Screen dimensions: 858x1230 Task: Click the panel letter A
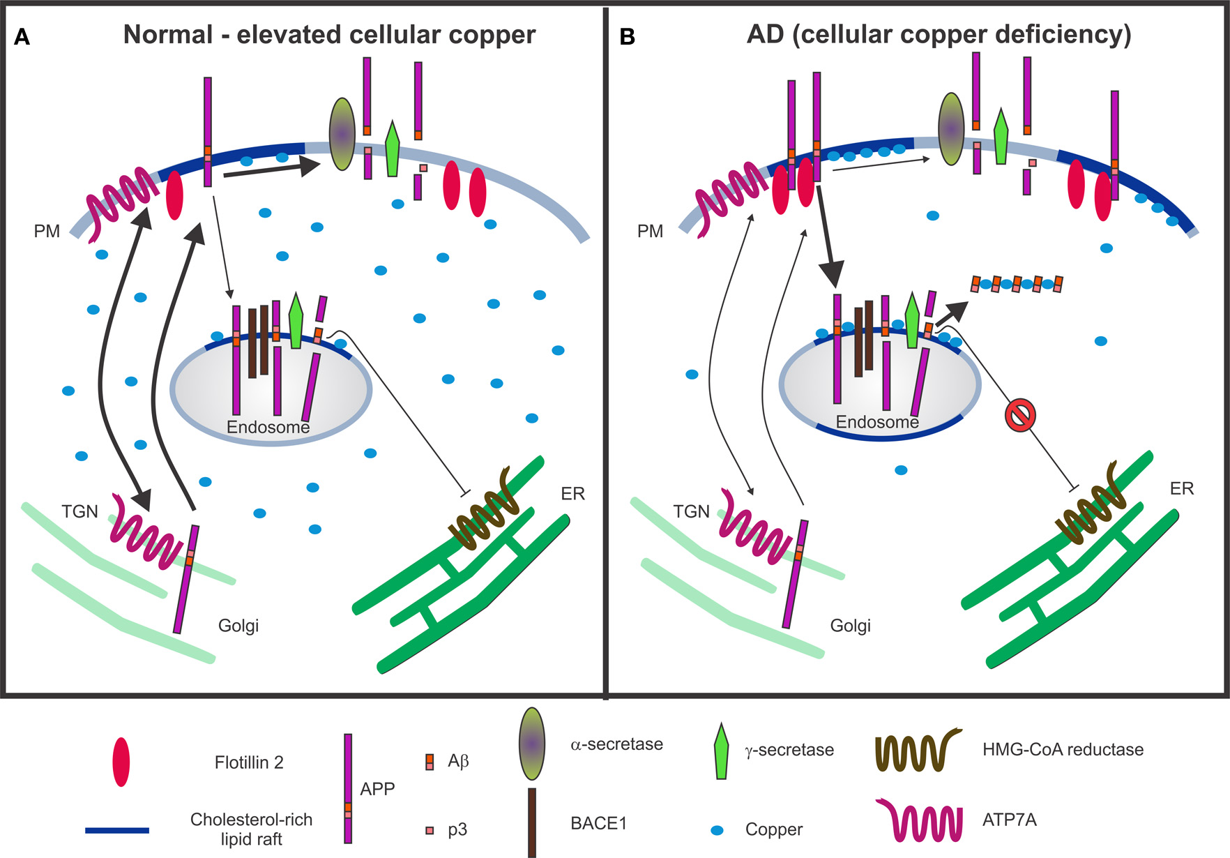coord(22,37)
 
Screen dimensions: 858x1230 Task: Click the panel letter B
coord(627,37)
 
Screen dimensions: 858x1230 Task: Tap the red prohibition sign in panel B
coord(1019,416)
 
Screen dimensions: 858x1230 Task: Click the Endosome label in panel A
coord(268,427)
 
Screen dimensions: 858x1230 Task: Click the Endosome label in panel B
coord(877,422)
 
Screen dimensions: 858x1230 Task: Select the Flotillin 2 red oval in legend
coord(121,762)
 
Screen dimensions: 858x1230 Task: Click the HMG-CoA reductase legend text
coord(1063,750)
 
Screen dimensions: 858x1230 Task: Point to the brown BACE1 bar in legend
coord(532,822)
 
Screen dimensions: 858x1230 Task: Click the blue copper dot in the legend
coord(717,830)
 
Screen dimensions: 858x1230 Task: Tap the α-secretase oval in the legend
coord(532,744)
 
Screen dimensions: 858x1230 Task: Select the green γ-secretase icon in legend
coord(721,751)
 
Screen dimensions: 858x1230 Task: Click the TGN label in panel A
coord(79,511)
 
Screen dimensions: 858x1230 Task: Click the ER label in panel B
coord(1182,488)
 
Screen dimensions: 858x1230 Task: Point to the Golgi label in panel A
coord(238,626)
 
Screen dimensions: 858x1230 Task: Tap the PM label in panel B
coord(650,231)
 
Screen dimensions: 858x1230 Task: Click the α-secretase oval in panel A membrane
coord(342,134)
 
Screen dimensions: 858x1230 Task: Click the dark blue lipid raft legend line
coord(117,830)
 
